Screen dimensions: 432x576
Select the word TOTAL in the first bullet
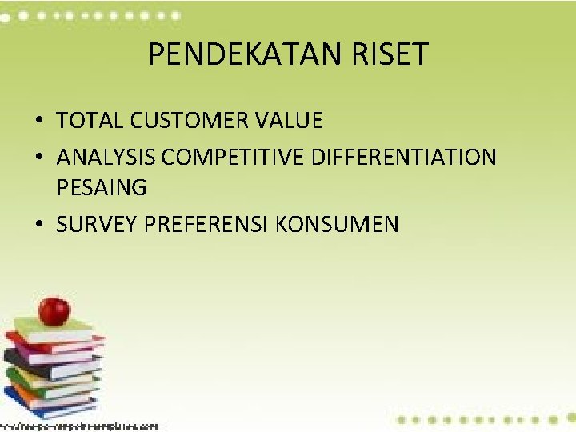(x=90, y=121)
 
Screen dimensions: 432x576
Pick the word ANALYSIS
(x=105, y=157)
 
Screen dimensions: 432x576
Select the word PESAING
(x=102, y=189)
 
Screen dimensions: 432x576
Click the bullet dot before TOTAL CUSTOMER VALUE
(x=39, y=122)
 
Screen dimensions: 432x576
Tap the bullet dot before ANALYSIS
(x=39, y=158)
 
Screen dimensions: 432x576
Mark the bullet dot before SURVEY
(x=39, y=226)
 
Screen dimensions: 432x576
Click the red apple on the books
(x=54, y=310)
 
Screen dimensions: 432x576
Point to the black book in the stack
(x=48, y=361)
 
